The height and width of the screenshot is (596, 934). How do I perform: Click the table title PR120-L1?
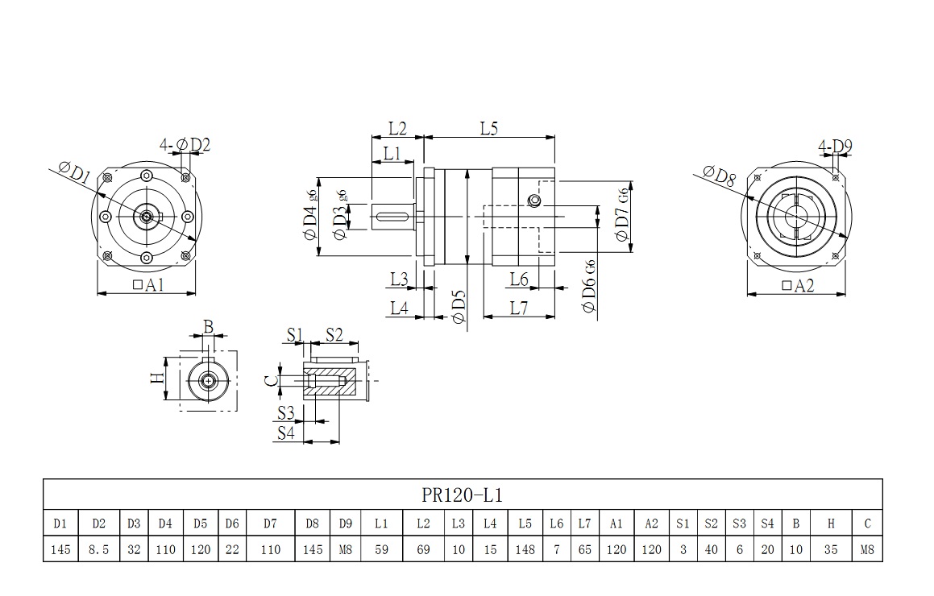coord(462,494)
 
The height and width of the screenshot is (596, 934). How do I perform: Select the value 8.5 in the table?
coord(98,549)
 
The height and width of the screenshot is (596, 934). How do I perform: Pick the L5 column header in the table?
coord(525,524)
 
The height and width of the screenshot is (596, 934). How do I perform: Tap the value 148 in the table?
coord(525,549)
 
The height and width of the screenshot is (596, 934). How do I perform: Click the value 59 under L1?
coord(381,549)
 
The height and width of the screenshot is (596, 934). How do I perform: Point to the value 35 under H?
coord(831,549)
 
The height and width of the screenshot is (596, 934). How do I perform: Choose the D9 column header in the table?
coord(345,524)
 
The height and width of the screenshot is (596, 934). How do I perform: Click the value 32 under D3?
coord(134,549)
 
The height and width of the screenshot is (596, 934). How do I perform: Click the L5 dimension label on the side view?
coord(488,128)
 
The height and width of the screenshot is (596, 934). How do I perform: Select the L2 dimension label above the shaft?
coord(397,128)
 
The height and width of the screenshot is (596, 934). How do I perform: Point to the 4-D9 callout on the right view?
coord(835,147)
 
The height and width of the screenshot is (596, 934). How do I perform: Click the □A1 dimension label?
coord(147,284)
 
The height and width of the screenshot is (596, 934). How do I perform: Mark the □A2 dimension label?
coord(798,285)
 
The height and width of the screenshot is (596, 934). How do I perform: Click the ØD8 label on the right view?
coord(719,175)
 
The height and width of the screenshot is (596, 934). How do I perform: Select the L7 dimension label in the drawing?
coord(518,308)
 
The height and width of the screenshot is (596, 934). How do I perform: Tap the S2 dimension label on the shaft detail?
coord(334,334)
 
